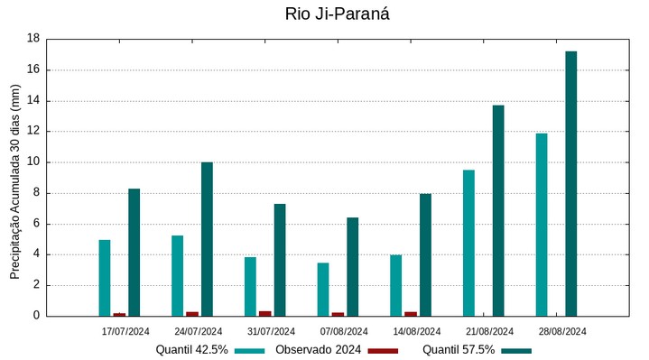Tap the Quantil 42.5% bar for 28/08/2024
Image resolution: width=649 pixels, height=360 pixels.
pos(542,225)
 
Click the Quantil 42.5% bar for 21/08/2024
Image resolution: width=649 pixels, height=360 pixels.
pos(468,243)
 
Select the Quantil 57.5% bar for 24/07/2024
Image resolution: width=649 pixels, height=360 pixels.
pos(207,239)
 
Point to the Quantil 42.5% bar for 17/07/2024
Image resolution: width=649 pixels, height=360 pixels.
pos(105,278)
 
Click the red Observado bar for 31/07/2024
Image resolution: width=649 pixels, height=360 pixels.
pos(265,313)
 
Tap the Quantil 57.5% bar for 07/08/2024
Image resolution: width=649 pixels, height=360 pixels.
pos(352,266)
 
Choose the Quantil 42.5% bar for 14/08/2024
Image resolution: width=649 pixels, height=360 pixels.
pos(395,285)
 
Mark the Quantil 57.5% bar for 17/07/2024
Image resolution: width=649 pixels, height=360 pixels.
pos(134,252)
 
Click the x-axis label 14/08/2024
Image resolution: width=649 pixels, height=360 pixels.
pos(417,331)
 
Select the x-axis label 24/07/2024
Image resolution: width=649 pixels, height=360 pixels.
pos(199,331)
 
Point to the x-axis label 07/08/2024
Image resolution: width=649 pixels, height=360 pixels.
pos(344,331)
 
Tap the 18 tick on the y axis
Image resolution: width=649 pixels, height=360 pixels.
pos(33,39)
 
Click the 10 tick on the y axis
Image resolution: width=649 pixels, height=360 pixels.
pos(33,162)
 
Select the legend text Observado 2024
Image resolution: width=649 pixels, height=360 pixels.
pos(318,350)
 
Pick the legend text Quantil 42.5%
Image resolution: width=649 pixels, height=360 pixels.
pos(191,350)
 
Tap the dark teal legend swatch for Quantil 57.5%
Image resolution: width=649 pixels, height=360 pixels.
pos(516,350)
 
